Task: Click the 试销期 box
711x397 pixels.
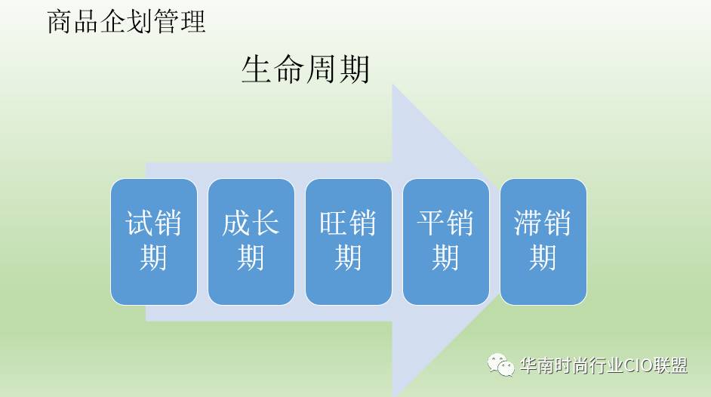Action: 154,242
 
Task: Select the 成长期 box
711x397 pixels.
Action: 251,242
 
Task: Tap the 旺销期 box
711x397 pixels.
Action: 349,242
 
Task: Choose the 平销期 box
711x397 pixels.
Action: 446,242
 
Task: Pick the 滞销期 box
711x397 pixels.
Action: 543,242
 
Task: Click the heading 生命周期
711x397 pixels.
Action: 306,69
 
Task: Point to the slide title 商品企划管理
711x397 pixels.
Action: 127,22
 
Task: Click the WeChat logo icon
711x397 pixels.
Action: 500,365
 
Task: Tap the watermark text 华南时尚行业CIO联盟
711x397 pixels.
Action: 604,365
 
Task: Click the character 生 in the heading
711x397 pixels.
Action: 257,69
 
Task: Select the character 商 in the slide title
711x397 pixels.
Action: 60,22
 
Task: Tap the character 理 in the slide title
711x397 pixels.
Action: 193,22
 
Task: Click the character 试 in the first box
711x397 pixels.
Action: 139,223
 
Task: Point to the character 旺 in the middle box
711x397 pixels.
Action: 334,223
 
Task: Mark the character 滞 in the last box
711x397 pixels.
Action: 528,223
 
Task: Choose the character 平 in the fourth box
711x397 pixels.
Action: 431,223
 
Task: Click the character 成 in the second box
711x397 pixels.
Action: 236,223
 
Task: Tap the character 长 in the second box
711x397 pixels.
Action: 265,223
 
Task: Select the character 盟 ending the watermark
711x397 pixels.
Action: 679,365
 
